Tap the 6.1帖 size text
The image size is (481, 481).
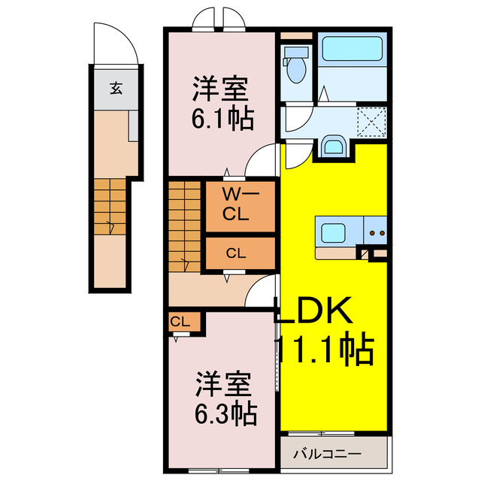(x=222, y=119)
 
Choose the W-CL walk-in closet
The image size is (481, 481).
(x=240, y=204)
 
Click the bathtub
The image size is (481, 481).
(x=352, y=51)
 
